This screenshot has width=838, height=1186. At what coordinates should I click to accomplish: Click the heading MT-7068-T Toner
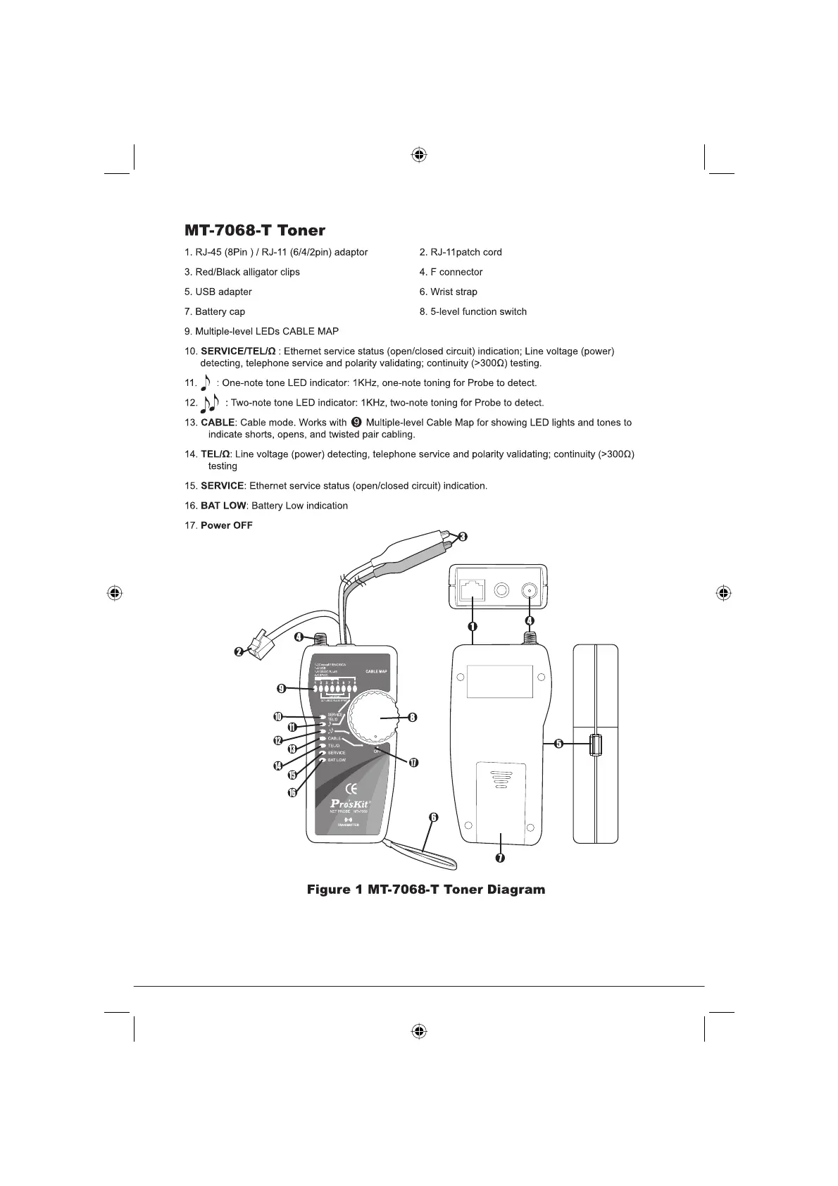click(255, 230)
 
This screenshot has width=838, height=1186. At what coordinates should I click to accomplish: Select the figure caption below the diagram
click(425, 889)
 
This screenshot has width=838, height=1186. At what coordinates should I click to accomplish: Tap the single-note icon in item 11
click(206, 382)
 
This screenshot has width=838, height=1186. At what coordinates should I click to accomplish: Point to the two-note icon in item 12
click(210, 403)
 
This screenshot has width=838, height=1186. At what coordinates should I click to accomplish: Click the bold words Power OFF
click(226, 525)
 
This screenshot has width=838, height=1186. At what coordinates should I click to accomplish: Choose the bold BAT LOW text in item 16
click(223, 506)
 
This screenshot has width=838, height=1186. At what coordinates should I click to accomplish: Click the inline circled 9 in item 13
click(356, 423)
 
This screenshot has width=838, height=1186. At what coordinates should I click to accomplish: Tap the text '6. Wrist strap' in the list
click(448, 292)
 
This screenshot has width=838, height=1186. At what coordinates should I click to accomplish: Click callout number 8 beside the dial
click(413, 718)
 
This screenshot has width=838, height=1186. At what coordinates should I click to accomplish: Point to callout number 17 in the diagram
click(413, 763)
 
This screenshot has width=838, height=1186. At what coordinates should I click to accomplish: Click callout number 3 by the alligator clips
click(462, 537)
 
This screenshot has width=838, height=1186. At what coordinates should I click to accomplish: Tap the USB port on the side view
click(596, 744)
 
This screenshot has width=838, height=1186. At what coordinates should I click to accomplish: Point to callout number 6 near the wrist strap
click(434, 818)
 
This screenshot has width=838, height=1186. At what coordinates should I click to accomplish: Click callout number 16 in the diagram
click(292, 792)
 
